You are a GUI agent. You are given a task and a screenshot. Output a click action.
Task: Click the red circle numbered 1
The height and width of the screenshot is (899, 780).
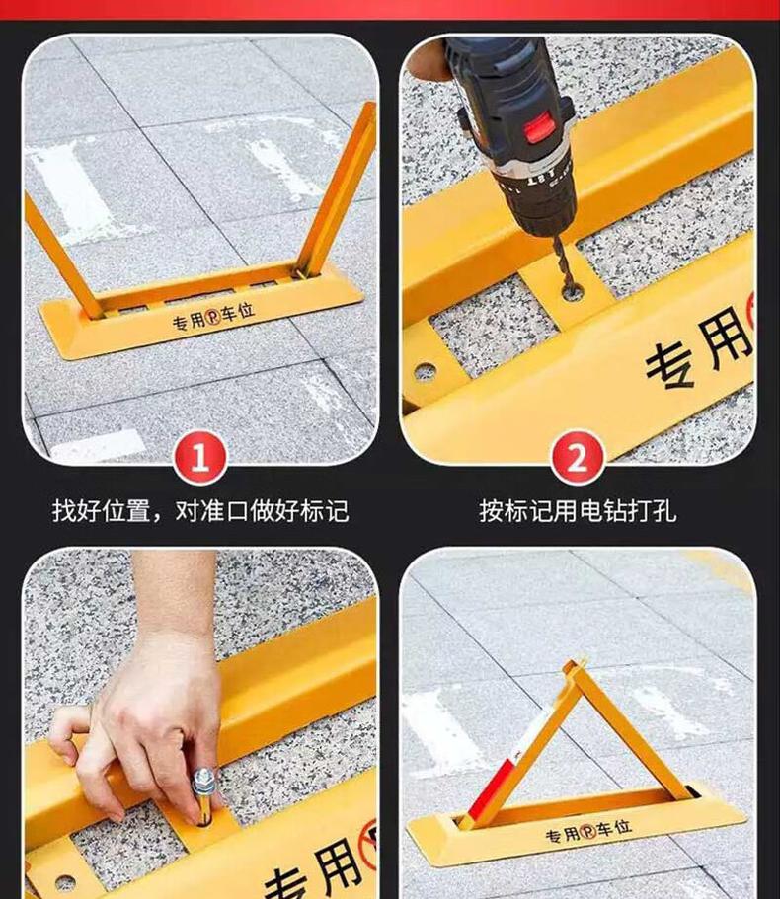(x=200, y=459)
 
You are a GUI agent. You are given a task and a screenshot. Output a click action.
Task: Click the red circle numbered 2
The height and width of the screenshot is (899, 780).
(x=578, y=459)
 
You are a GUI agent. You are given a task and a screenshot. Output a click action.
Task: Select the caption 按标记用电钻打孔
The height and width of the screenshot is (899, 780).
(x=579, y=511)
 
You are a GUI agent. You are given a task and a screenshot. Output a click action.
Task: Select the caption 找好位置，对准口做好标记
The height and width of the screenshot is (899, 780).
(x=200, y=511)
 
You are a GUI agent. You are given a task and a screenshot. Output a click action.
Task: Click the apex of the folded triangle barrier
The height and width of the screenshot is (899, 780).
(x=572, y=666)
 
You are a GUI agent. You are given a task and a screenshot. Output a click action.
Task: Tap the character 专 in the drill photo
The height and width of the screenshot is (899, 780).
(x=672, y=367)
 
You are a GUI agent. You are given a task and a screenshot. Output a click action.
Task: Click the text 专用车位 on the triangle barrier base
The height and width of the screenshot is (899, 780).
(x=588, y=831)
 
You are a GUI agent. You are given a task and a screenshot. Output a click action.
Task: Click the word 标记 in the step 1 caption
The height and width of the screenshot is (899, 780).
(x=324, y=511)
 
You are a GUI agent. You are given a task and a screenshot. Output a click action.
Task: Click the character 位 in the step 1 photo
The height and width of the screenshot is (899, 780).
(x=246, y=311)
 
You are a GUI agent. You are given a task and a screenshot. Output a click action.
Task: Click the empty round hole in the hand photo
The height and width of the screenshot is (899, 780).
(x=65, y=883)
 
